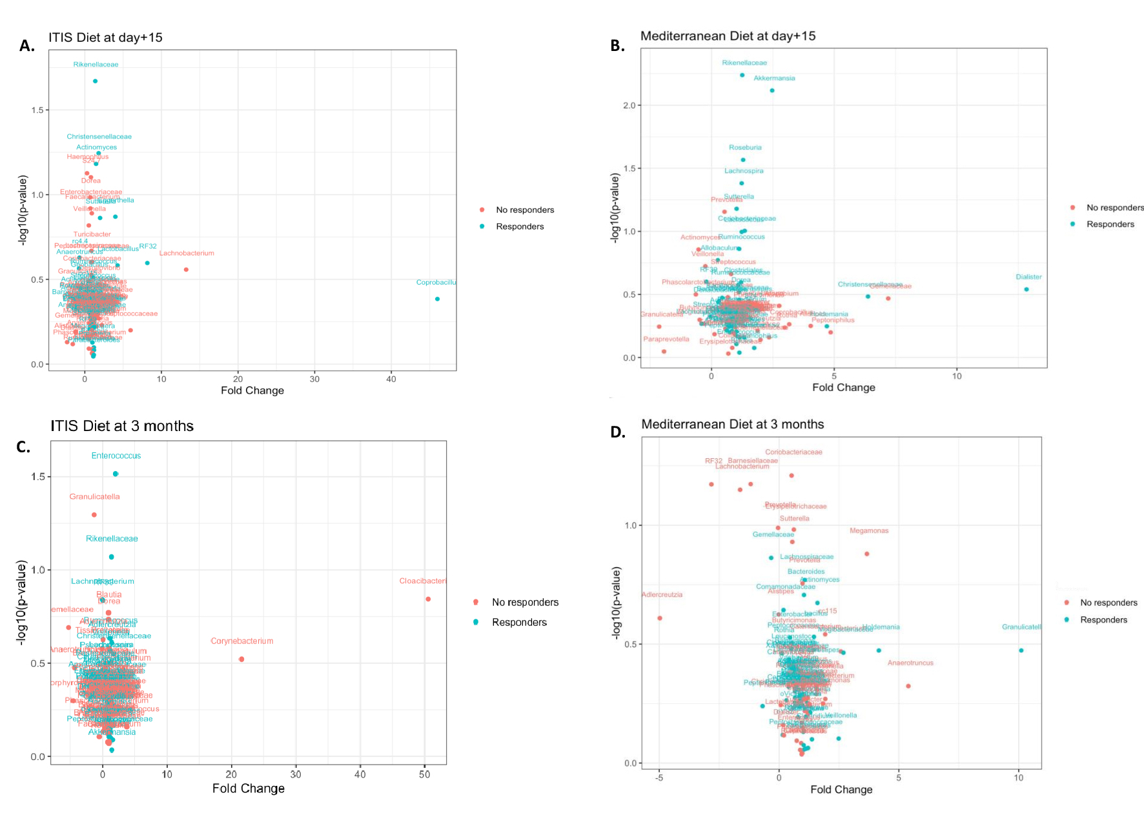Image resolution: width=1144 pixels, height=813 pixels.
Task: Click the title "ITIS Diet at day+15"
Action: click(x=105, y=37)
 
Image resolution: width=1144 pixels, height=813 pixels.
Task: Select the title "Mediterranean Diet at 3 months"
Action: click(x=732, y=424)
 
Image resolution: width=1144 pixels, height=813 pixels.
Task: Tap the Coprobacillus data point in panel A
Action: click(x=437, y=299)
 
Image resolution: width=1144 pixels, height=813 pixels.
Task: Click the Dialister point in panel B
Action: click(x=1026, y=289)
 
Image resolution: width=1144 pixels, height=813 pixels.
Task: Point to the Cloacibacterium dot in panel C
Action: click(x=428, y=599)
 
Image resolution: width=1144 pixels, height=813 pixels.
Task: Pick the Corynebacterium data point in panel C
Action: click(x=241, y=659)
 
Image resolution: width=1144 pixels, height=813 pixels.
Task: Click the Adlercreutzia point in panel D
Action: click(x=659, y=618)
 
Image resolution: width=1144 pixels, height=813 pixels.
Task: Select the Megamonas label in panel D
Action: click(x=868, y=530)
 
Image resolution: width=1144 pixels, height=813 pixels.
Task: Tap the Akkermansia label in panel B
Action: click(x=774, y=78)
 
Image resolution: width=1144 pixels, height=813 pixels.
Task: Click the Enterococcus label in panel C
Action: click(x=116, y=456)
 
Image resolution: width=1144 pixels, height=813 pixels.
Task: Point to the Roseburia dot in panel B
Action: click(x=742, y=159)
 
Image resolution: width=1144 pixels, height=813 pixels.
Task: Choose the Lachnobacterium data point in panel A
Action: click(x=186, y=269)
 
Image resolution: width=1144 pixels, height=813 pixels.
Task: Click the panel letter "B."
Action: click(x=617, y=46)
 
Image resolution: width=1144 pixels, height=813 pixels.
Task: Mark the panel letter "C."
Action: click(x=23, y=447)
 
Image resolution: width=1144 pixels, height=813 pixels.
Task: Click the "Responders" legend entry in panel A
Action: click(x=519, y=226)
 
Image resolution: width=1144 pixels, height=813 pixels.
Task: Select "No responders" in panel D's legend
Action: click(x=1108, y=603)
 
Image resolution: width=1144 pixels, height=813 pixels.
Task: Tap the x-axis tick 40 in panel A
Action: click(x=391, y=379)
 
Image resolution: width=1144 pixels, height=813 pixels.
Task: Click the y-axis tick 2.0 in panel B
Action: click(x=629, y=105)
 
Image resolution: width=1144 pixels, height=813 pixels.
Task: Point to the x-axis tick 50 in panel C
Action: click(x=424, y=774)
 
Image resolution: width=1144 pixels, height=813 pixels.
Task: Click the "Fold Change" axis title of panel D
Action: click(x=841, y=789)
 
